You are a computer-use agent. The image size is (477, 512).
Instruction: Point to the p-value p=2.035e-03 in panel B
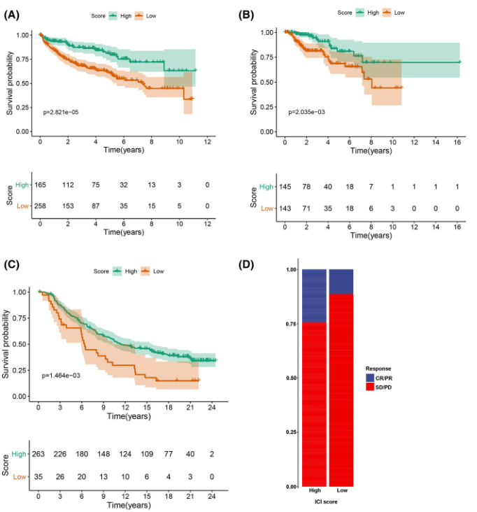pyautogui.click(x=307, y=111)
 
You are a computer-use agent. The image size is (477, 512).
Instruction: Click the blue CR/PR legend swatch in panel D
pyautogui.click(x=370, y=378)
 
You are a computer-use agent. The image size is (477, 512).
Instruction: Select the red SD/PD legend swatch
pyautogui.click(x=370, y=387)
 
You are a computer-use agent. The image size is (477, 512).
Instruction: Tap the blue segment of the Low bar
pyautogui.click(x=341, y=281)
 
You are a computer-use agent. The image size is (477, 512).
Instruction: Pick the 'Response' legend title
pyautogui.click(x=378, y=369)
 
